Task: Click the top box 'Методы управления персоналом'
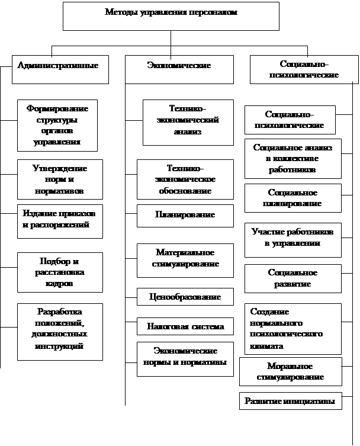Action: pos(171,16)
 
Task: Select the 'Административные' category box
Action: pos(60,69)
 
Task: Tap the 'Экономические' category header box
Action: pos(179,69)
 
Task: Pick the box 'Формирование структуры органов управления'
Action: pos(57,126)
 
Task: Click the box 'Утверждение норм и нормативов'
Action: pos(60,179)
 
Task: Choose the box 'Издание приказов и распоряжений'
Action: pos(60,222)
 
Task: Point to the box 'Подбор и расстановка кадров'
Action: pos(60,272)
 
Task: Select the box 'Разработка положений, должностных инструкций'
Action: pos(60,332)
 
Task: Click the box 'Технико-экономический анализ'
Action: pos(188,123)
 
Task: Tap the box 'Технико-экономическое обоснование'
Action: pos(185,179)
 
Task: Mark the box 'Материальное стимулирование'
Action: pos(185,261)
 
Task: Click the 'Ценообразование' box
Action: pos(185,297)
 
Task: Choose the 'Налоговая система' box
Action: pos(185,326)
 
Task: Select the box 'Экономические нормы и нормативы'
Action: pos(185,360)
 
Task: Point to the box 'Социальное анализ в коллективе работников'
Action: pos(293,159)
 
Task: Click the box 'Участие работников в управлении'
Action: pos(293,240)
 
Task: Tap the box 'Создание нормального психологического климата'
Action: pos(293,329)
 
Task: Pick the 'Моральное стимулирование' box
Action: pos(291,372)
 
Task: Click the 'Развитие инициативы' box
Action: pos(291,401)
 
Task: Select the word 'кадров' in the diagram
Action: pos(59,284)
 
